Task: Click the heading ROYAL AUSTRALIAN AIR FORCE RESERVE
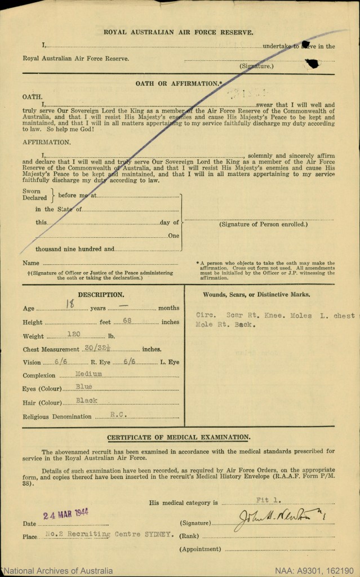point(179,33)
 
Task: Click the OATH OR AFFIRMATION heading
point(178,83)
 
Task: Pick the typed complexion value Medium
point(88,374)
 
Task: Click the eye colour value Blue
point(85,387)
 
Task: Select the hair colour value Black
point(87,401)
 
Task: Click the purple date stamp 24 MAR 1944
point(66,516)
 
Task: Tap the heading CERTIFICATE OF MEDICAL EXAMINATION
point(179,437)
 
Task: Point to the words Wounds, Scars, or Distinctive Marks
point(256,294)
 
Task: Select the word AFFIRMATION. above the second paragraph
point(47,143)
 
